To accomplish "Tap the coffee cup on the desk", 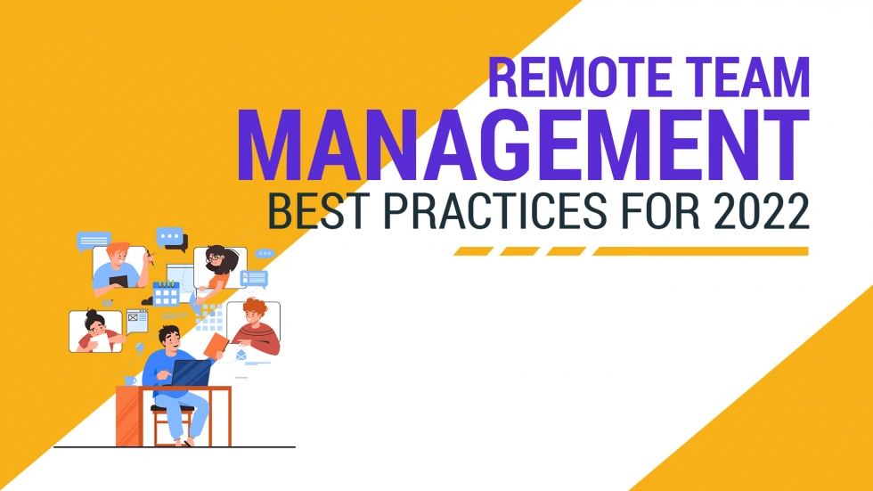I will (131, 381).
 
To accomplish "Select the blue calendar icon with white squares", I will (166, 292).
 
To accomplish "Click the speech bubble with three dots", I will (170, 237).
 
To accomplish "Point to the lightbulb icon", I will (139, 348).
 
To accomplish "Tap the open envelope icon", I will (241, 356).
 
